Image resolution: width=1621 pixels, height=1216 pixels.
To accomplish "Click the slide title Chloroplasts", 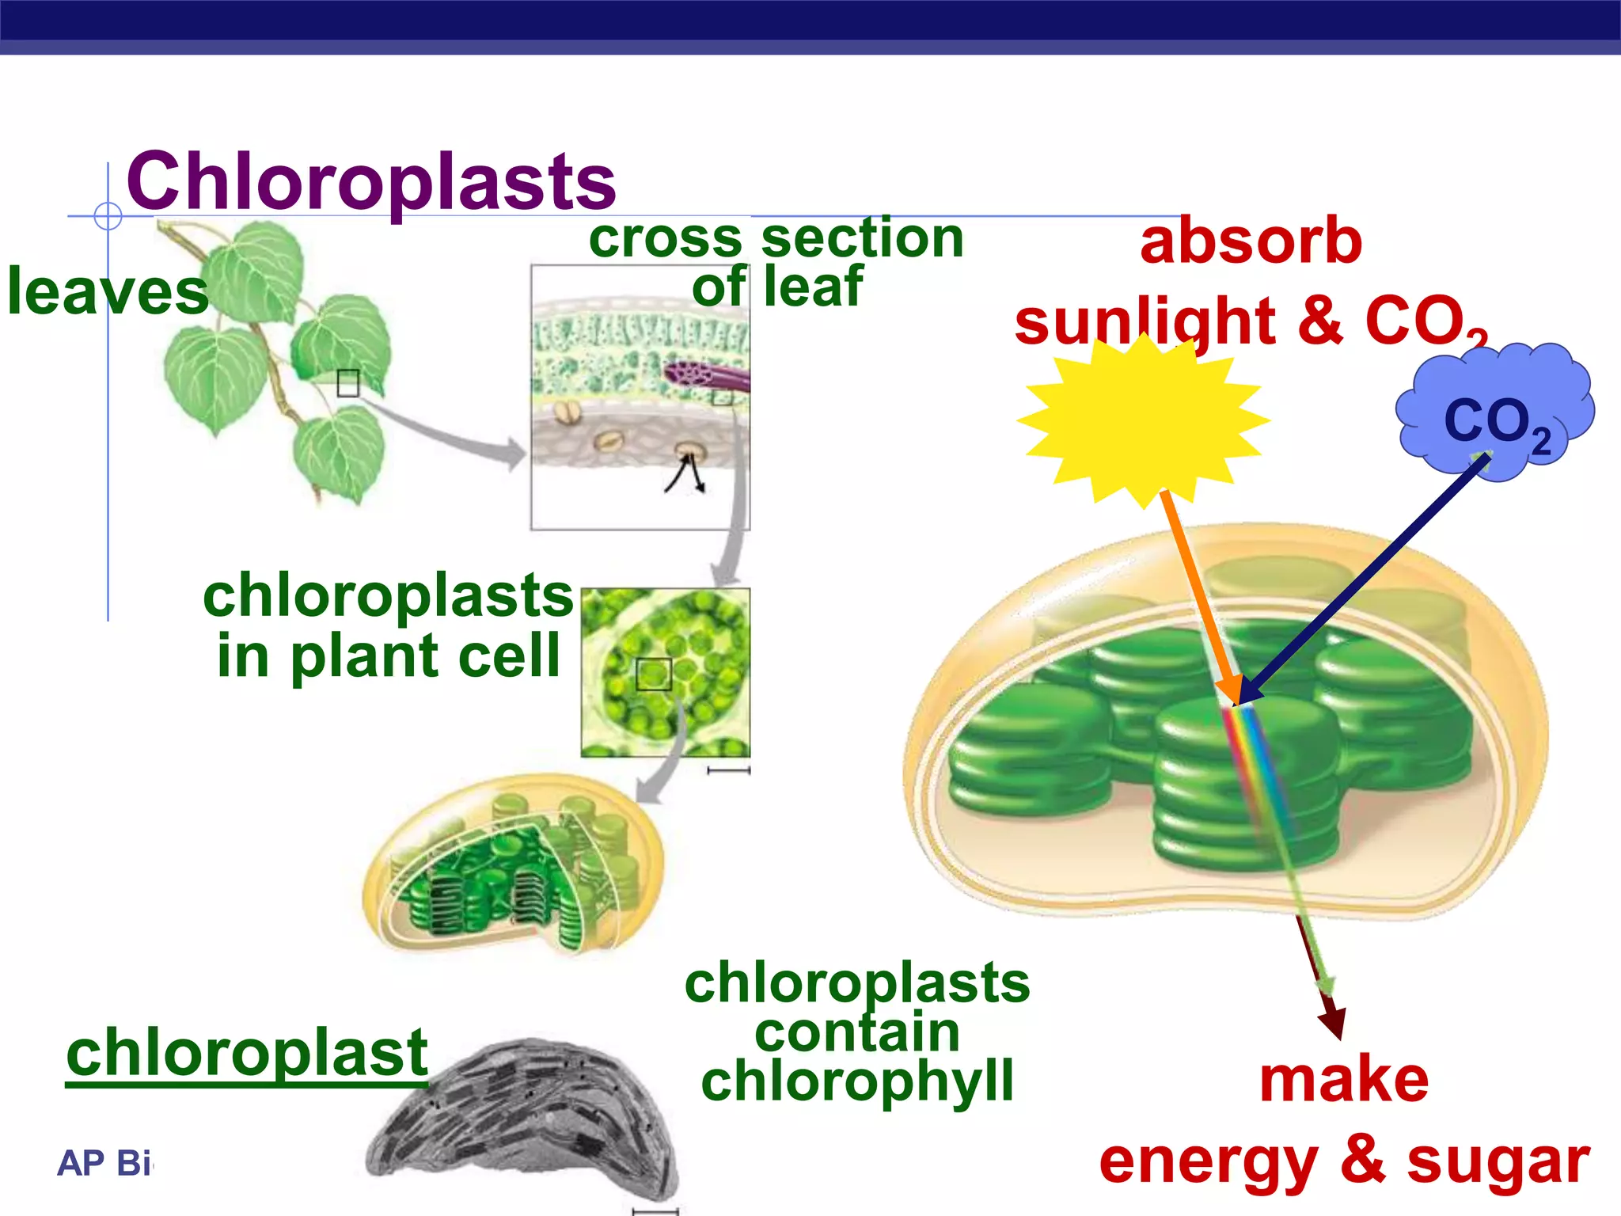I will pos(370,182).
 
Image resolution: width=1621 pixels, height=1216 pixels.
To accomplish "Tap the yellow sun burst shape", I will pos(1142,420).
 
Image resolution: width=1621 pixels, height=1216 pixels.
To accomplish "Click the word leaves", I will pos(107,291).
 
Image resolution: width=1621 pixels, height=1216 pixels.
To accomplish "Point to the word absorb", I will pos(1251,241).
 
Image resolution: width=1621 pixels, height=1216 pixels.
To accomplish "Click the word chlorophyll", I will pos(857,1081).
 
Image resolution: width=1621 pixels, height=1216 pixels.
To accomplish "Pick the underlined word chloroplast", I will pos(247,1053).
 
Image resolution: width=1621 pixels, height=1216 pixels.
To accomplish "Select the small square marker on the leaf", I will pos(347,383).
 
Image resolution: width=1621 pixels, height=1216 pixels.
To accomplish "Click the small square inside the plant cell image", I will pos(654,674).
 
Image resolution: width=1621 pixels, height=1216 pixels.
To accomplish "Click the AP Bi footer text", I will pos(104,1163).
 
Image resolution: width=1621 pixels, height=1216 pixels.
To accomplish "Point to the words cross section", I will pos(776,237).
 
